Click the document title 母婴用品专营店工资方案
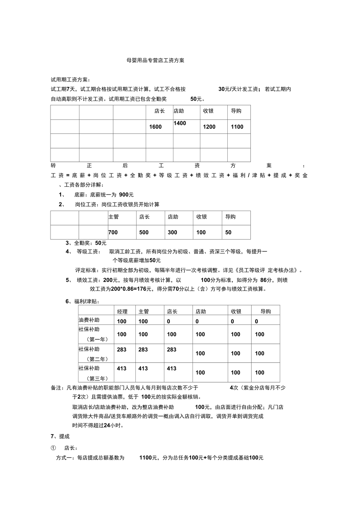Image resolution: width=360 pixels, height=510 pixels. point(155,61)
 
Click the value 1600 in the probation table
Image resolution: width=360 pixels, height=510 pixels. point(155,127)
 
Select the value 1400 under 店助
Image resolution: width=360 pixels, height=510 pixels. point(180,123)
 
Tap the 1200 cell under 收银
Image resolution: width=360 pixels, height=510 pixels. point(209,127)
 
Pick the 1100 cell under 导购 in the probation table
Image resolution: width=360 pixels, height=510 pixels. point(237,127)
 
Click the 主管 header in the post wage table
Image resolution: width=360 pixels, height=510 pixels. point(113,217)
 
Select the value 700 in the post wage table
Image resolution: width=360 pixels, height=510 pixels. point(113,232)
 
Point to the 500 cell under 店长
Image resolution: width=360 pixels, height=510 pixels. point(144,232)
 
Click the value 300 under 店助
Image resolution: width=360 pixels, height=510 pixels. point(173,232)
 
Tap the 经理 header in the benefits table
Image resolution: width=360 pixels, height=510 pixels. point(122,312)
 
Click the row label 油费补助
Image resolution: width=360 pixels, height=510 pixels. point(89,320)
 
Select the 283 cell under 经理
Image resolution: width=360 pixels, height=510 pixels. point(122,350)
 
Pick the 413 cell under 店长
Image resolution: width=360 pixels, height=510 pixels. point(172,368)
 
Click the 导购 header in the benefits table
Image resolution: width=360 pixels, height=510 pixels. point(266,312)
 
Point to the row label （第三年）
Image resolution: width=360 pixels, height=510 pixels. point(97,378)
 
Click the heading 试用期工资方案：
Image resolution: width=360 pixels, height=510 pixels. point(70,80)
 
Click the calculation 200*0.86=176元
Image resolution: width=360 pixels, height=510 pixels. point(117,289)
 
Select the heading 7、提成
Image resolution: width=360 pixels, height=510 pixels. point(60,436)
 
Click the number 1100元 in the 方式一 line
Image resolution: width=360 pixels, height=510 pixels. point(148,458)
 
